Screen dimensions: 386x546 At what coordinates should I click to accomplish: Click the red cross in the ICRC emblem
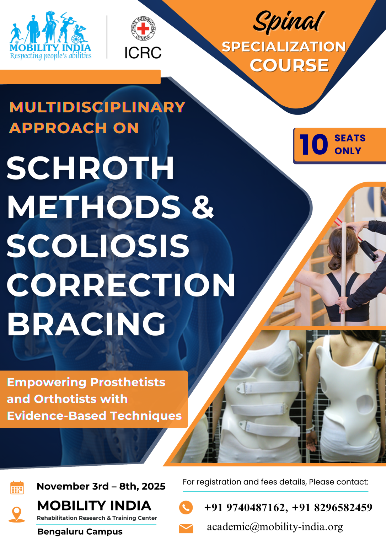[x=143, y=29]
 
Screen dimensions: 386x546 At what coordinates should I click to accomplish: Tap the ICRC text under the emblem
[x=143, y=53]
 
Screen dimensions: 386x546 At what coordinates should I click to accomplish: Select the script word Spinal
[x=289, y=22]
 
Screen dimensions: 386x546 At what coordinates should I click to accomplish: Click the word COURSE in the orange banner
[x=289, y=65]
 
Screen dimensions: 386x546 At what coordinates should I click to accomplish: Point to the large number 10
[x=313, y=145]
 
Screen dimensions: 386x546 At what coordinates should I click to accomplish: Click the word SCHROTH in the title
[x=90, y=168]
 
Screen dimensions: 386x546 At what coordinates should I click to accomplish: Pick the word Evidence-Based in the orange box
[x=57, y=416]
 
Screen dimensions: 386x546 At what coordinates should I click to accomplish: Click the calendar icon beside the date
[x=17, y=487]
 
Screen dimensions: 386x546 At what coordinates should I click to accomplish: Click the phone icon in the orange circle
[x=186, y=508]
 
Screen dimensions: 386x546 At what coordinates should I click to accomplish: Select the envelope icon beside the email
[x=186, y=529]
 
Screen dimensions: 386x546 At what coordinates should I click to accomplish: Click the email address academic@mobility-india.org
[x=275, y=527]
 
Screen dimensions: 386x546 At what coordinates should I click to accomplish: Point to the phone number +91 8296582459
[x=332, y=508]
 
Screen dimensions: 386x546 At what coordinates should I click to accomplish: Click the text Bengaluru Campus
[x=80, y=532]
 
